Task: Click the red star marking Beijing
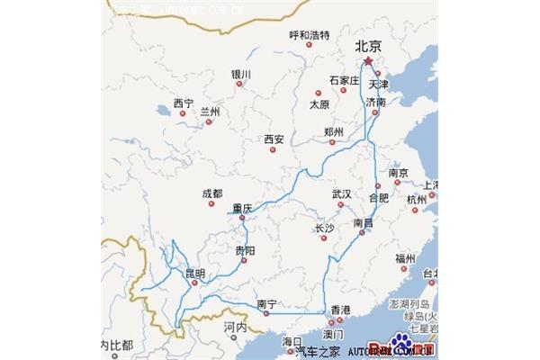[367, 61]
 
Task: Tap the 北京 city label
[369, 44]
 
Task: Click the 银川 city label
[240, 74]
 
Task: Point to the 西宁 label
[184, 103]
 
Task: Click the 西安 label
[274, 139]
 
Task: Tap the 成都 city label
[212, 193]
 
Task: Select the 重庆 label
[241, 208]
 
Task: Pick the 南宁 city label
[265, 303]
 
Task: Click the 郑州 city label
[333, 132]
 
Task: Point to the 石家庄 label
[343, 80]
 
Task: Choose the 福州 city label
[404, 258]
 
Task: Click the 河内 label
[210, 328]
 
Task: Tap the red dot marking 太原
[317, 93]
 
